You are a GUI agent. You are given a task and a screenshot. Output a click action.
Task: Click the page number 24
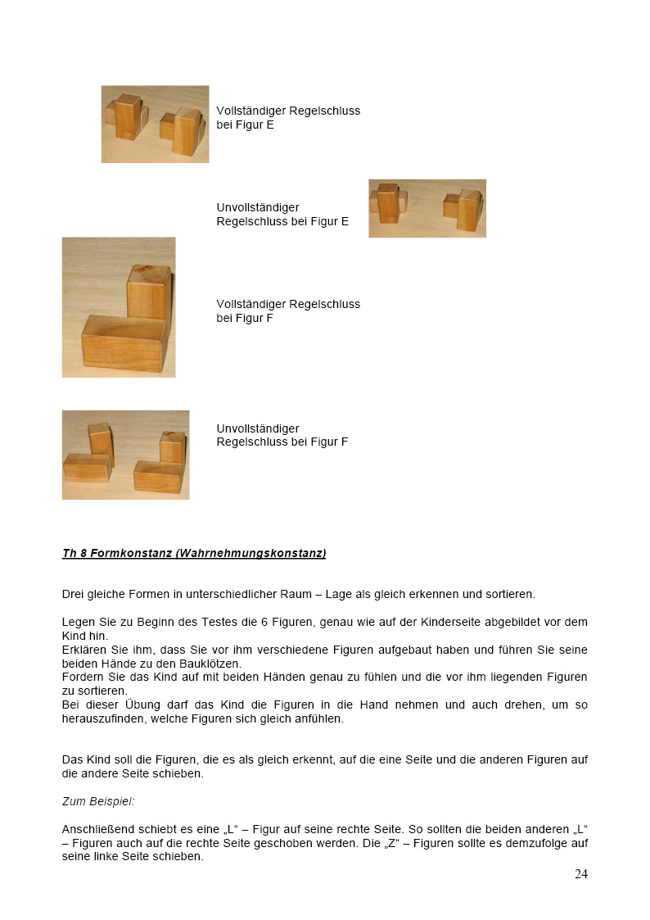tap(580, 874)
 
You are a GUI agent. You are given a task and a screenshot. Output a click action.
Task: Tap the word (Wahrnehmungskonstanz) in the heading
tap(251, 554)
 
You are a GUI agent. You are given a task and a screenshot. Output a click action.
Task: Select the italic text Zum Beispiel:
tap(98, 802)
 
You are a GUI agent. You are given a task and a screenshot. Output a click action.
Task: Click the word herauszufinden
tap(102, 719)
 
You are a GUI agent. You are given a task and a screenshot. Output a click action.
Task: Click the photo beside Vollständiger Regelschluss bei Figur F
tap(119, 307)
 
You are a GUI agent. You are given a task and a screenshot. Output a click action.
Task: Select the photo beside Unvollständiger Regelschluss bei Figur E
tap(427, 208)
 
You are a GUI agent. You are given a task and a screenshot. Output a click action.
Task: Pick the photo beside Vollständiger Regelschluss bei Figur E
tap(155, 124)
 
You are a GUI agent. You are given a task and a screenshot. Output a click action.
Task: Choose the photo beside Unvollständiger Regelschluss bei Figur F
tap(125, 455)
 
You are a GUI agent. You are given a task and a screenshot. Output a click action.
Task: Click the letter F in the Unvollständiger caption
tap(344, 442)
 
